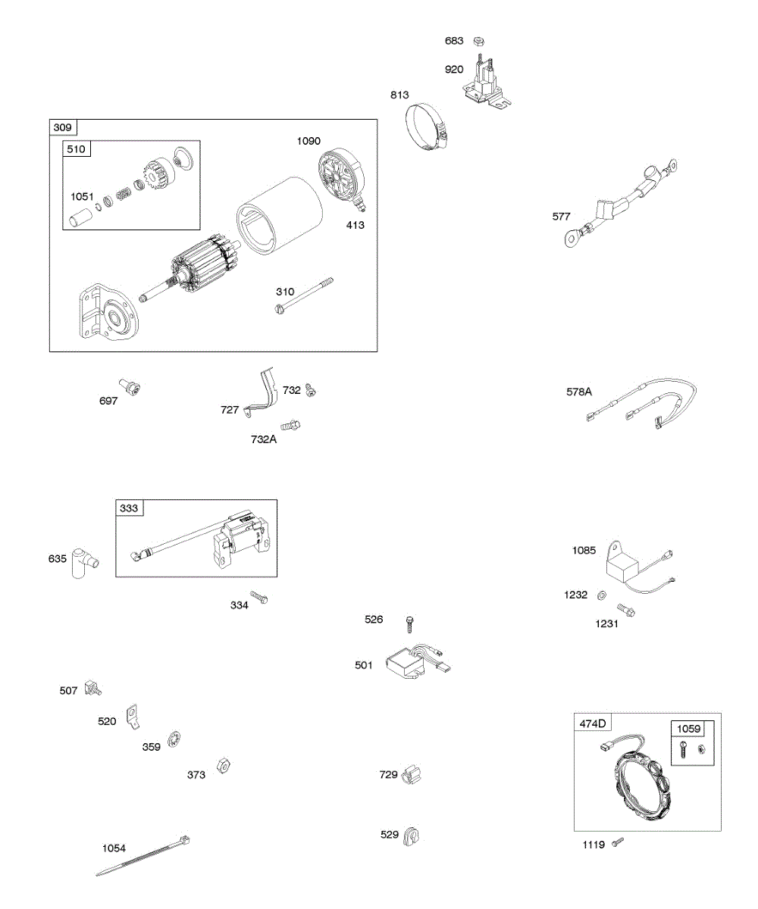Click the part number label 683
[x=453, y=41]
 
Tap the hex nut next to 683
[x=478, y=41]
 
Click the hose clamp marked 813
[x=426, y=127]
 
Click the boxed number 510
[x=76, y=149]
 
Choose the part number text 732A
[x=264, y=439]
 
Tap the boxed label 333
[x=130, y=508]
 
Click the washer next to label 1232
[x=601, y=595]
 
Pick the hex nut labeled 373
[x=223, y=764]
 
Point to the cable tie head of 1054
[x=184, y=841]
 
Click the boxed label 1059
[x=689, y=729]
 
